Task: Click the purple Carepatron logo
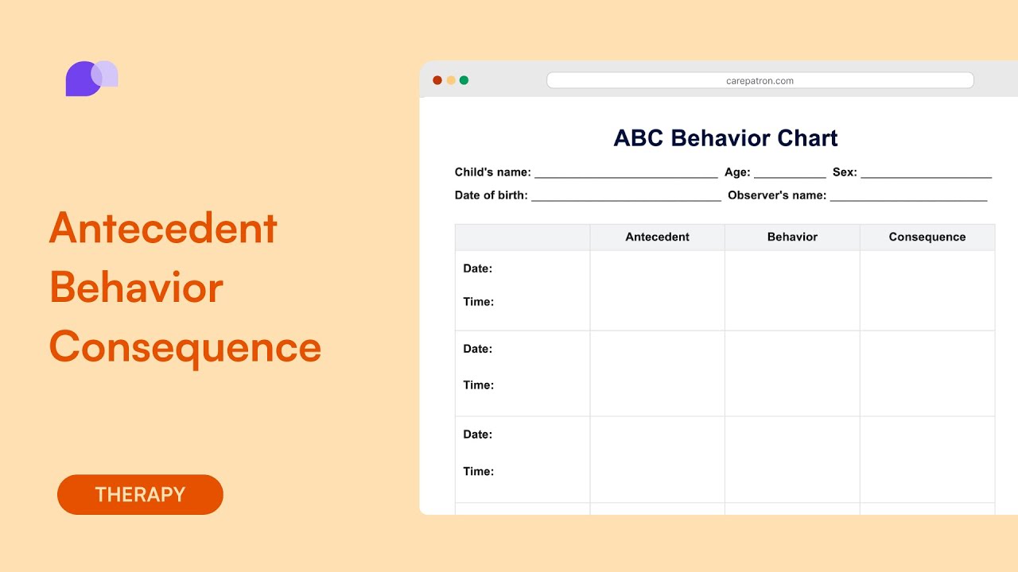[x=91, y=78]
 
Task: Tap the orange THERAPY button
[x=140, y=494]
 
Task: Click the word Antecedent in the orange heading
[x=163, y=229]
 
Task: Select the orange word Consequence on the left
[x=185, y=347]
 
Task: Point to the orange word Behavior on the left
[x=136, y=288]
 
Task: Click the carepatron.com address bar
[x=760, y=80]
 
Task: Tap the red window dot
[x=437, y=80]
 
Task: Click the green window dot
[x=464, y=80]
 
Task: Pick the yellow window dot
[x=451, y=80]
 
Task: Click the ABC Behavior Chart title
[x=725, y=138]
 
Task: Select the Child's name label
[x=492, y=172]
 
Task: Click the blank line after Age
[x=790, y=173]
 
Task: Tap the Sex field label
[x=845, y=172]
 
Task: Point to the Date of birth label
[x=491, y=195]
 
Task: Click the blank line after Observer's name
[x=908, y=196]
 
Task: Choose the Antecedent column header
[x=657, y=237]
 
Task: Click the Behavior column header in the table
[x=792, y=237]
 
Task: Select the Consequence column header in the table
[x=927, y=237]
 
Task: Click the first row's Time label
[x=479, y=302]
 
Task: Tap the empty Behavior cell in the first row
[x=792, y=290]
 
